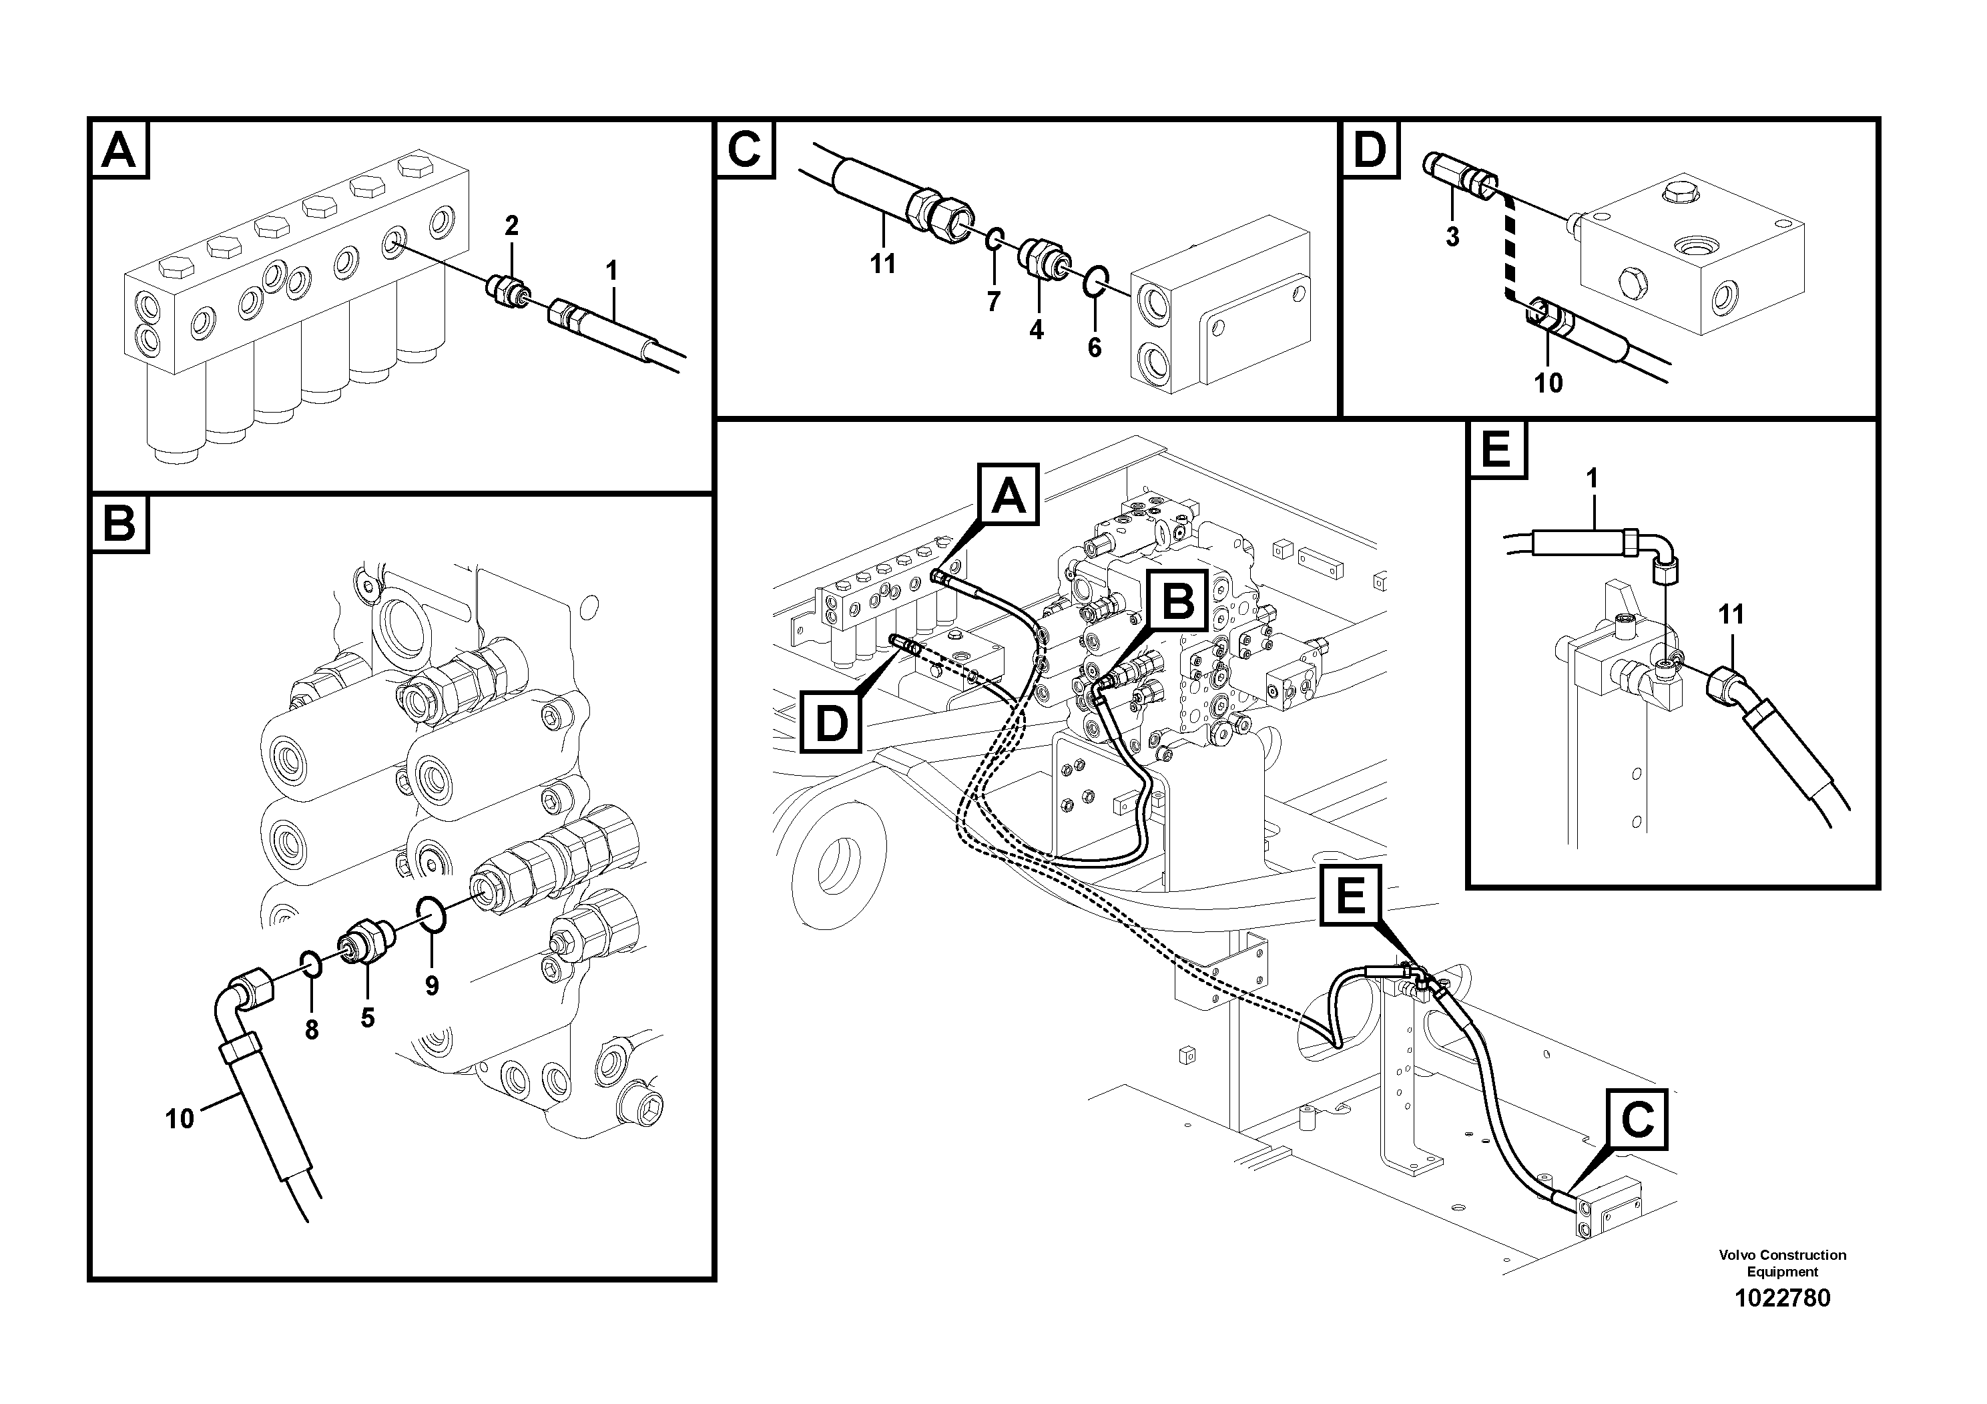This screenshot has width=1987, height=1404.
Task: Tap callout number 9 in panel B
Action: (x=431, y=986)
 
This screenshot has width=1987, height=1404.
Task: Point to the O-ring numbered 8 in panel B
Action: (x=312, y=963)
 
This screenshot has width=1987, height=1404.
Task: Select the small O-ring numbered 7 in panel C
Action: (x=995, y=239)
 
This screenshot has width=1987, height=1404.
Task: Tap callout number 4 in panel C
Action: (x=1036, y=330)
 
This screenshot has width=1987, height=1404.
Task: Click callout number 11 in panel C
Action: (x=883, y=264)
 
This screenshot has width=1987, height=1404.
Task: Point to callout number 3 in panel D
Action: (x=1452, y=236)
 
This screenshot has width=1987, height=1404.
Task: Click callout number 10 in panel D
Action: (x=1548, y=383)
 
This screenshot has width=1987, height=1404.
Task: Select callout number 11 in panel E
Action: (x=1730, y=615)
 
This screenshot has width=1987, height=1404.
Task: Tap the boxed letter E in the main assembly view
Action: (x=1351, y=896)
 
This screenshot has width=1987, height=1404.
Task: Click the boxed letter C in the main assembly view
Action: (x=1637, y=1120)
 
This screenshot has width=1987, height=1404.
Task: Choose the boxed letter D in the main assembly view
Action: (x=831, y=723)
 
